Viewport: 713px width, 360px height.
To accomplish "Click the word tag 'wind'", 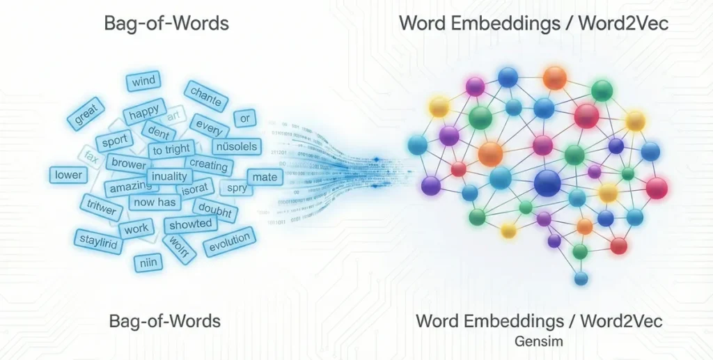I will click(x=143, y=81).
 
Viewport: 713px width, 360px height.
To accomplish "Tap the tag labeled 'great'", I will click(x=85, y=113).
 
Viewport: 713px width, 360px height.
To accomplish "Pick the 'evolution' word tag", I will click(x=229, y=242).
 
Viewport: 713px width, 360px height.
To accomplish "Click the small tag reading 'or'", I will click(x=244, y=118).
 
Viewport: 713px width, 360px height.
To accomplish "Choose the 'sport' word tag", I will click(x=114, y=141).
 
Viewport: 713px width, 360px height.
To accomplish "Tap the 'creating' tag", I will click(x=208, y=165).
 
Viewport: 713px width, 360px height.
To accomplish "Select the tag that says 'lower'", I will click(x=68, y=175).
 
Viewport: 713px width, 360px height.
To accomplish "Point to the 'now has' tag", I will click(x=155, y=202).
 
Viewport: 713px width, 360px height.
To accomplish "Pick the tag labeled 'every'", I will click(x=209, y=127).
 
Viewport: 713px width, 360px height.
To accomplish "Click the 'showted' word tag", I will click(x=189, y=224).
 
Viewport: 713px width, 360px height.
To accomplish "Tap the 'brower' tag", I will click(x=129, y=164).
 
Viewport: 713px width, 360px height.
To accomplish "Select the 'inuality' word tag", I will click(x=169, y=175).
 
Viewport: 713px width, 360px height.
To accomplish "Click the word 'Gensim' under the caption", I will click(x=539, y=341).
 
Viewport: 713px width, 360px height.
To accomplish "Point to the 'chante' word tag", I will click(x=205, y=97).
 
